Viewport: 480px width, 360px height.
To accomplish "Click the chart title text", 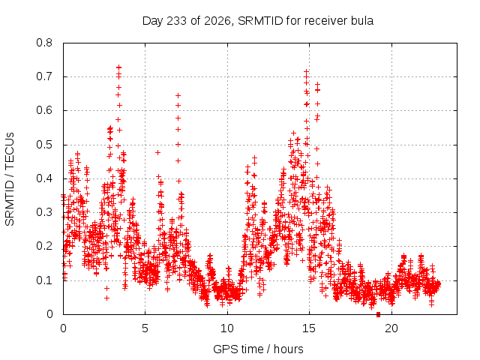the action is pos(258,21).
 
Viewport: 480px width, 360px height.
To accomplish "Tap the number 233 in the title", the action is pos(177,21).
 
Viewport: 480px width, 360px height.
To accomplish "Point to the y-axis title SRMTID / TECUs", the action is pos(10,179).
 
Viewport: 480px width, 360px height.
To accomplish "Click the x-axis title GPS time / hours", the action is pos(258,349).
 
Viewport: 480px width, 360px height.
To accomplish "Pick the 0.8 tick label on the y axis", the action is pos(44,43).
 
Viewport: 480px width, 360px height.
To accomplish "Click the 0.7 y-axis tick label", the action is pos(44,76).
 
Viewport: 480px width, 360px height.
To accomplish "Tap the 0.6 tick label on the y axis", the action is pos(44,110).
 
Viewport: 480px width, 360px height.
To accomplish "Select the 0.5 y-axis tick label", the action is pos(44,145).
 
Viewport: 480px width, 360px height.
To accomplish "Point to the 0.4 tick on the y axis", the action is pos(44,178).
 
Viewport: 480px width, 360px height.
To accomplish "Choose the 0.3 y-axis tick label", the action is pos(44,212).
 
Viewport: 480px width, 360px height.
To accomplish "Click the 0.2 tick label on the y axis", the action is pos(44,246).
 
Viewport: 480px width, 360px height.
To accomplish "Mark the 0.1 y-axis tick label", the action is pos(44,280).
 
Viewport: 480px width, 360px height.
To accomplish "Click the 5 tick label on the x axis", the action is pos(145,328).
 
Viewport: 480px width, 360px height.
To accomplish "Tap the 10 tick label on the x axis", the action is pos(227,328).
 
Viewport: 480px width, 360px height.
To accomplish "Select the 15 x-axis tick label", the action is pos(309,328).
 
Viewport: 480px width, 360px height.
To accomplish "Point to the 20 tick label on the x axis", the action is pos(391,328).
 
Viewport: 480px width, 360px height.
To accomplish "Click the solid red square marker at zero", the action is pos(378,314).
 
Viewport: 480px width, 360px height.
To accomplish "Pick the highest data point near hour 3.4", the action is pos(118,67).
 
